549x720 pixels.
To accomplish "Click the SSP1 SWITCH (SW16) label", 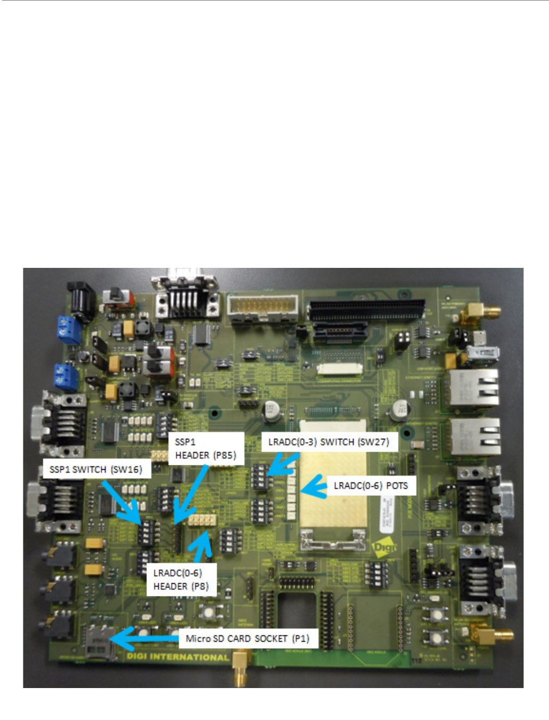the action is (x=96, y=470).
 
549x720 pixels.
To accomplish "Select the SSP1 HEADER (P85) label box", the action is (x=206, y=448).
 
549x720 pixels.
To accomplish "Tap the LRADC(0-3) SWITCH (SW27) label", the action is (x=329, y=442).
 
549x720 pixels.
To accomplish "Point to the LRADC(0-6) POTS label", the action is (x=371, y=486).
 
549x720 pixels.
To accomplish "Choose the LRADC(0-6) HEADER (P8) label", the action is (x=181, y=579).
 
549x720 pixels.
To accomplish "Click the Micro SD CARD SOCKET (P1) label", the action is (x=247, y=639).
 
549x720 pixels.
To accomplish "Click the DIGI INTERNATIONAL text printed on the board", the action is (x=177, y=657).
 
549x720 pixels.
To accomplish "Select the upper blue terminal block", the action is (x=68, y=330).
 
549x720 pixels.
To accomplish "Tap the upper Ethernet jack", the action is (x=474, y=387).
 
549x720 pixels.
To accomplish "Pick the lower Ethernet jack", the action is (x=475, y=436).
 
